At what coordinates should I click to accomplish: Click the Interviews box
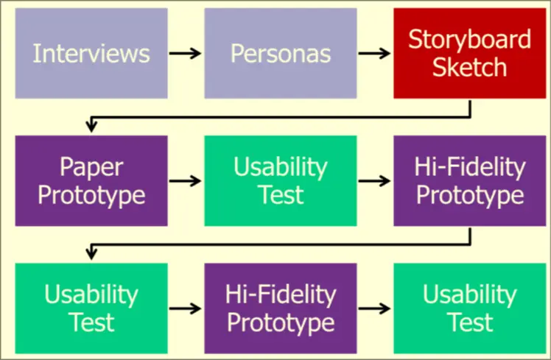[x=91, y=53]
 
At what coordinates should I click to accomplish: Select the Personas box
[x=281, y=53]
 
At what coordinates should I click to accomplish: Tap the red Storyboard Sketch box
[x=469, y=53]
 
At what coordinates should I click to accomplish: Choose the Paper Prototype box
[x=91, y=180]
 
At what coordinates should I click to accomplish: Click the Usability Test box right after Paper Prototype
[x=281, y=180]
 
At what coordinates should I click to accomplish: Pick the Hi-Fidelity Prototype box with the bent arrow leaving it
[x=469, y=180]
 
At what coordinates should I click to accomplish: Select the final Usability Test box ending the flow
[x=469, y=307]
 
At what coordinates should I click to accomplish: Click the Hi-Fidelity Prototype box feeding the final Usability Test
[x=281, y=307]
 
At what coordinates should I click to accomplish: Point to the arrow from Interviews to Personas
[x=186, y=53]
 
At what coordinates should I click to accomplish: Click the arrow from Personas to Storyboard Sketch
[x=374, y=53]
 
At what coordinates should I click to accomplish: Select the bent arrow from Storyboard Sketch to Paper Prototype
[x=280, y=116]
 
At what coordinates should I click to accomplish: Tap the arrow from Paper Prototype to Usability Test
[x=186, y=180]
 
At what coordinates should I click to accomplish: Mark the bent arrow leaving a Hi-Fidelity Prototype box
[x=280, y=243]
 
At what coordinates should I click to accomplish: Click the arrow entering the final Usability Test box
[x=374, y=307]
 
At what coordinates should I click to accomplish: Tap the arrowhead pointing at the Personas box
[x=197, y=53]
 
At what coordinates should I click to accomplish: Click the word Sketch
[x=469, y=67]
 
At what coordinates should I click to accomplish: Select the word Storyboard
[x=469, y=39]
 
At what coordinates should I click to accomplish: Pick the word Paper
[x=91, y=167]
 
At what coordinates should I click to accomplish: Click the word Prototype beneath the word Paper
[x=91, y=195]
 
